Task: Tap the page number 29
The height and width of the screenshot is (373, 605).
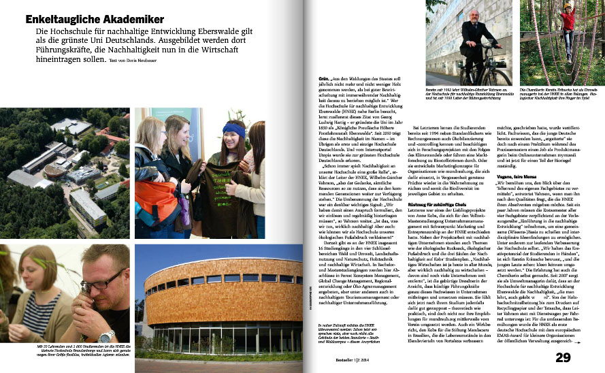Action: (563, 357)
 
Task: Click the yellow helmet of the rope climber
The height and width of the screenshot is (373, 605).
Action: (567, 6)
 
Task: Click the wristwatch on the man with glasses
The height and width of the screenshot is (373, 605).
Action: (108, 336)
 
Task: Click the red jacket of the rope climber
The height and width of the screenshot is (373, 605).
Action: (567, 21)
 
